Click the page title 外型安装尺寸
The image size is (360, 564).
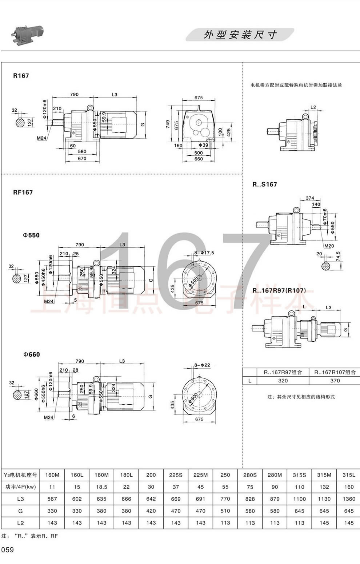click(240, 35)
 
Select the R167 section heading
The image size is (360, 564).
click(21, 76)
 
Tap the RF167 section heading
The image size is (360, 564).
click(23, 192)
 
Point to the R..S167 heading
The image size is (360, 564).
click(264, 184)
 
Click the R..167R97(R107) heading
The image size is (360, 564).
click(279, 290)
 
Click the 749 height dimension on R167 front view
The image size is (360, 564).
click(168, 124)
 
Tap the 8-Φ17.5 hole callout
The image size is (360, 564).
click(204, 253)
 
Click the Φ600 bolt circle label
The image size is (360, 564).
click(193, 396)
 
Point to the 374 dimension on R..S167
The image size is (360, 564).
click(310, 198)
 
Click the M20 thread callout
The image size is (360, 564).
click(329, 246)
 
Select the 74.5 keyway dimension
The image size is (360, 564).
click(338, 256)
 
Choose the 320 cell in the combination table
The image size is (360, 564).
click(283, 381)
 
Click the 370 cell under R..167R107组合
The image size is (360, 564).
click(335, 381)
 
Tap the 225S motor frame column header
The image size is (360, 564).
click(176, 475)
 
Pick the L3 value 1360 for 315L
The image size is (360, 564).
click(349, 499)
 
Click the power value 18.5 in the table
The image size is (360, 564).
click(101, 487)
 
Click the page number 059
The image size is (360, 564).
click(8, 550)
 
